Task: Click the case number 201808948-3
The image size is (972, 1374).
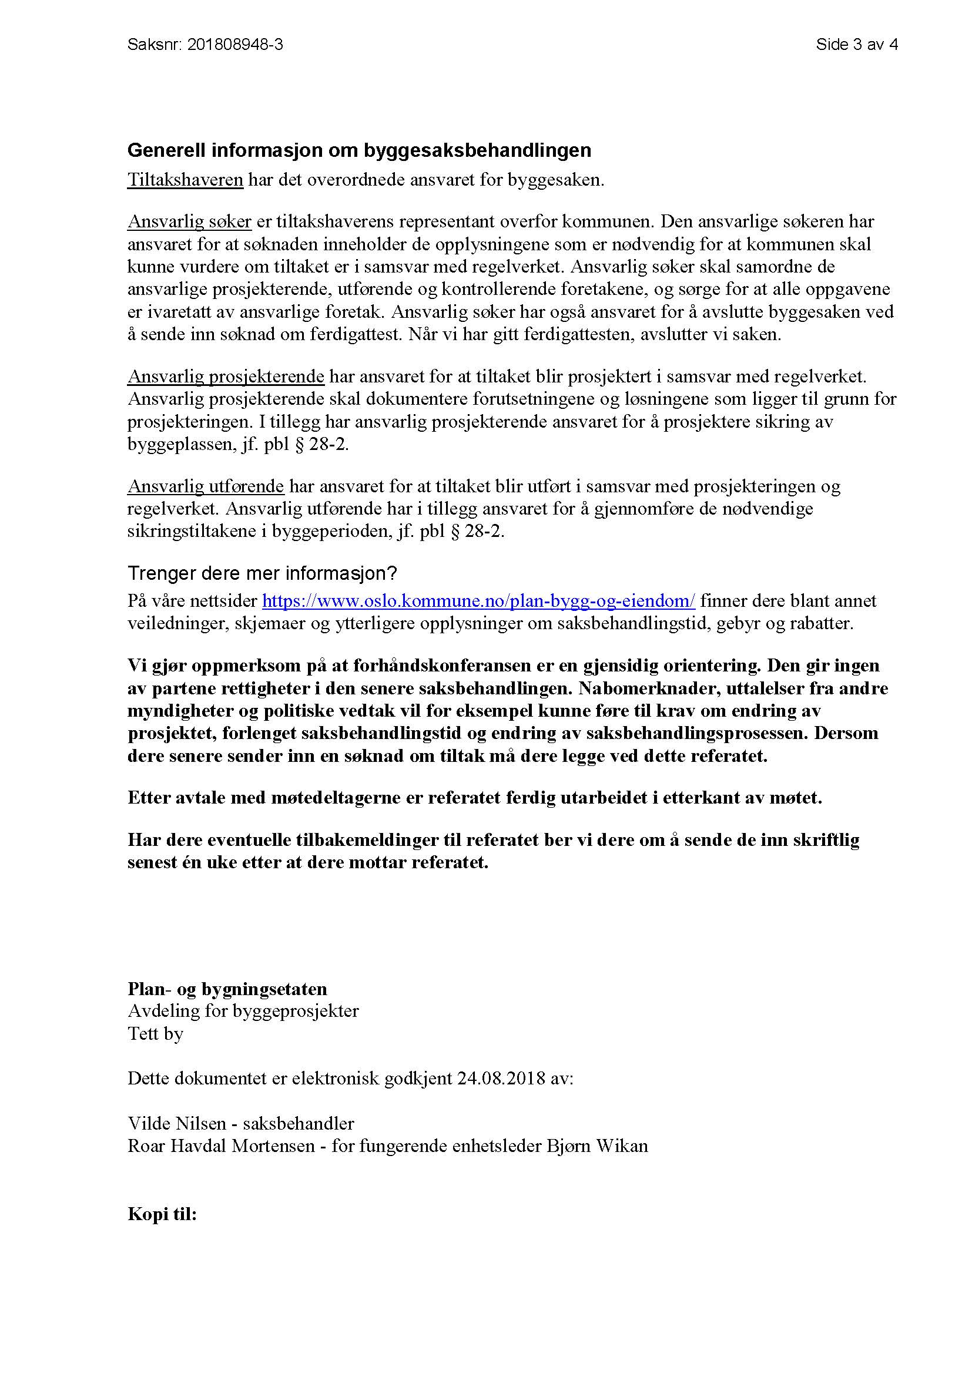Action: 234,44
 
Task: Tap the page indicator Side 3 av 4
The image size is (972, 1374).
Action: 856,44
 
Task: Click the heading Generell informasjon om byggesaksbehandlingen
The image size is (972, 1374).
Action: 359,150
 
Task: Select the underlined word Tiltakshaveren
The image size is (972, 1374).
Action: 185,180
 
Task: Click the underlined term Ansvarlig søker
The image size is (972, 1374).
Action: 189,221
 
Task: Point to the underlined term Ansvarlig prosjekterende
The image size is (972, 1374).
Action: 226,377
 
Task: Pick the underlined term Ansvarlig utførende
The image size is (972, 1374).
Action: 205,486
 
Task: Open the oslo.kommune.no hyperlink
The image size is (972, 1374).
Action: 478,600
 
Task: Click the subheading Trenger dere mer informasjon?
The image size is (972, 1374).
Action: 262,573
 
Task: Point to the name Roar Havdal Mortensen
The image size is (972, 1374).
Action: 221,1145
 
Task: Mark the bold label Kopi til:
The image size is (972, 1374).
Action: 162,1214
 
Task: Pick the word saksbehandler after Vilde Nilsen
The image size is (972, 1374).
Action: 298,1123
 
